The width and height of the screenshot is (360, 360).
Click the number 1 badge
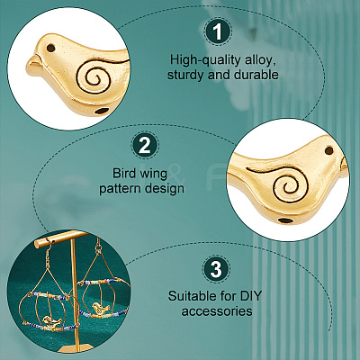click(218, 31)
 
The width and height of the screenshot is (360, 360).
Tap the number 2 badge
click(145, 146)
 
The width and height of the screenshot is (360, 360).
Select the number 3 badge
click(216, 269)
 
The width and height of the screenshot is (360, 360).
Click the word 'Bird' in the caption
click(124, 174)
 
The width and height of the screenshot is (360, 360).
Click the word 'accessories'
click(217, 311)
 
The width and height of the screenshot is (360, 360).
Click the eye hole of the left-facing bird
click(52, 48)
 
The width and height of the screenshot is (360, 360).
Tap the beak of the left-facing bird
click(33, 62)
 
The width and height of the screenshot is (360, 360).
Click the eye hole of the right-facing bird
click(329, 149)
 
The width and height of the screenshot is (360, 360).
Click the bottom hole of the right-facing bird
click(285, 220)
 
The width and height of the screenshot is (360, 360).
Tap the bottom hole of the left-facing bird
click(102, 112)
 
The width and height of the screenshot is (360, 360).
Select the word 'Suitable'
click(191, 296)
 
